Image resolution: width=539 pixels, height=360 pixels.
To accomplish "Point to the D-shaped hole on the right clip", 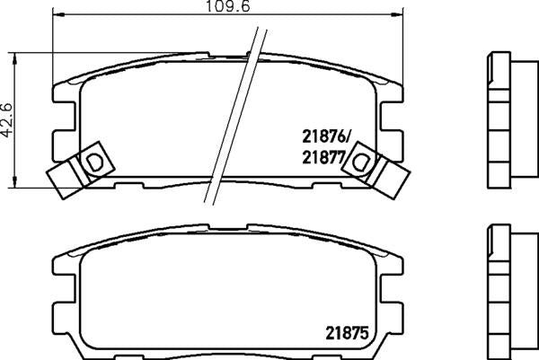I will click(362, 161).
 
